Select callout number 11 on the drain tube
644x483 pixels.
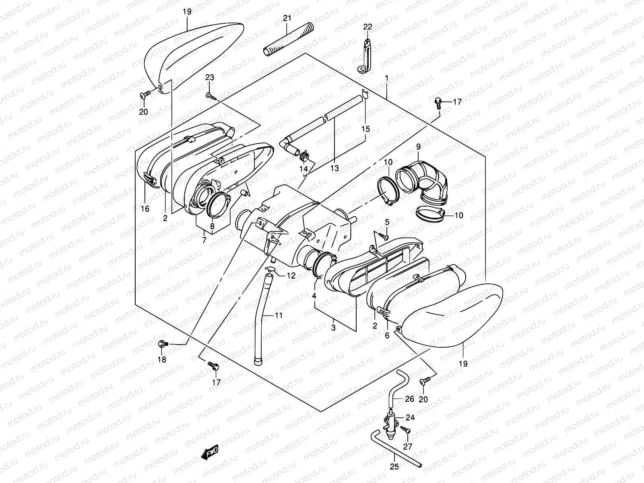(279, 315)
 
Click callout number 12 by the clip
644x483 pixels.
(291, 276)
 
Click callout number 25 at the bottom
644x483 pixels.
(394, 467)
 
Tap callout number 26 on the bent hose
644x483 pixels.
(409, 399)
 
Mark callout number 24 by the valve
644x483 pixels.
(410, 417)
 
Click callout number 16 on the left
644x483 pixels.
(145, 208)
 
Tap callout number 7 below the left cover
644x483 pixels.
(204, 240)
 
